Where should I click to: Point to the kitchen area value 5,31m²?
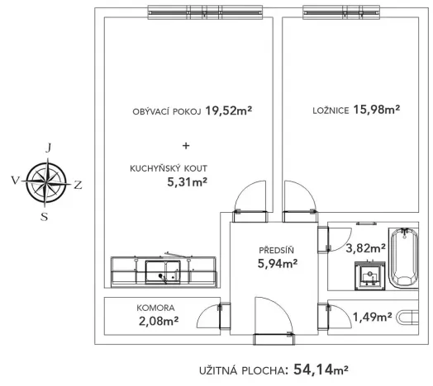click(187, 182)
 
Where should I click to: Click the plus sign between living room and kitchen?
click(185, 146)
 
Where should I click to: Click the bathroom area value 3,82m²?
click(366, 247)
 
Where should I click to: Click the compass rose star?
click(48, 182)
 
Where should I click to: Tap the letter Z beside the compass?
click(79, 184)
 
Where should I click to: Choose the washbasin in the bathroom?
click(369, 275)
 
